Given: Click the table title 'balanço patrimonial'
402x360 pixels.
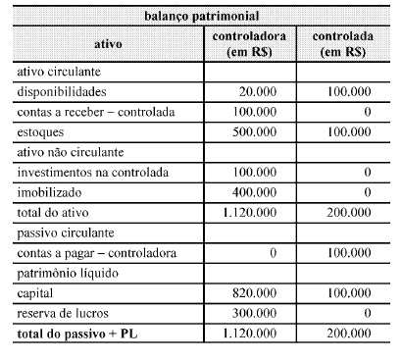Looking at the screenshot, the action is click(x=201, y=18).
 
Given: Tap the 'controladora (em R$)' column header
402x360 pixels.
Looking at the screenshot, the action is click(x=249, y=44).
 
